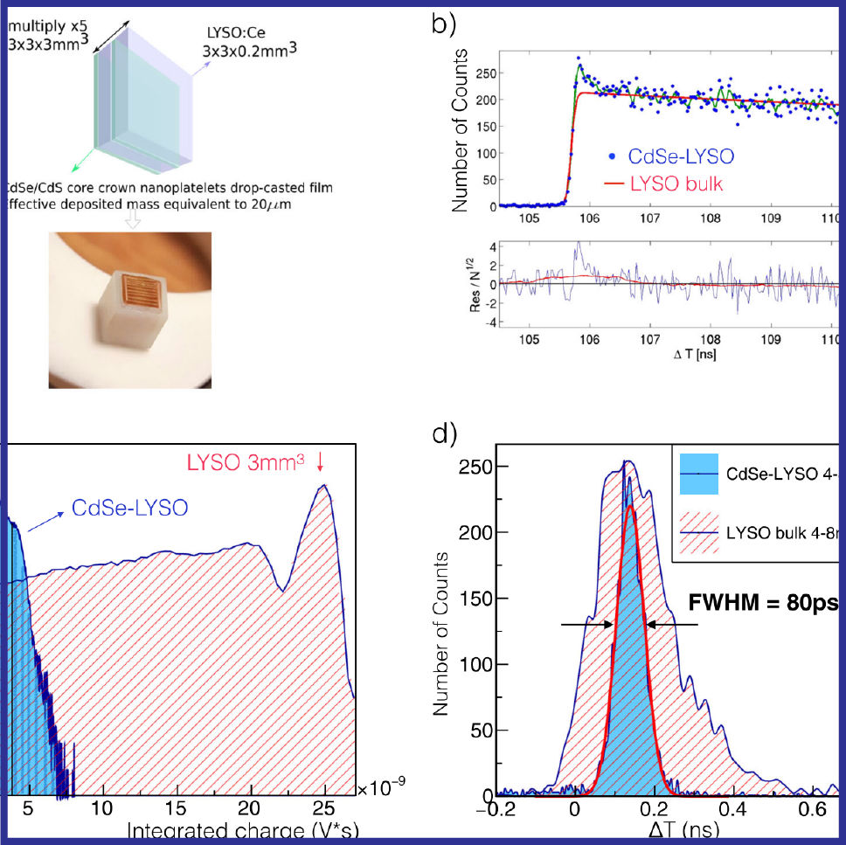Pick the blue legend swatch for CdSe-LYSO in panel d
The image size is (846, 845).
tap(698, 473)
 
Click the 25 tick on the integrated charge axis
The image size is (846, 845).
tap(325, 807)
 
